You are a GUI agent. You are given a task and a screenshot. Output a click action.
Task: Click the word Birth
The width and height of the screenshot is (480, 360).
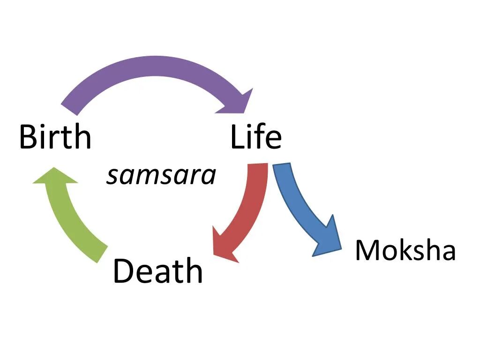55,137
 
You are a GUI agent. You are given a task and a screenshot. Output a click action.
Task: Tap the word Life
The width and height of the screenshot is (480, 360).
256,137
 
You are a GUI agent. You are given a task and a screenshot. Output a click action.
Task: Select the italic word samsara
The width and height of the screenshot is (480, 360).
161,176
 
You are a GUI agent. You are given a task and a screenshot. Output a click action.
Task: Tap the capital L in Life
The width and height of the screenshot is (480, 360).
237,137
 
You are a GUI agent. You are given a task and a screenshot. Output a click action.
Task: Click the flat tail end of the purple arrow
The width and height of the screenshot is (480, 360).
69,109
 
